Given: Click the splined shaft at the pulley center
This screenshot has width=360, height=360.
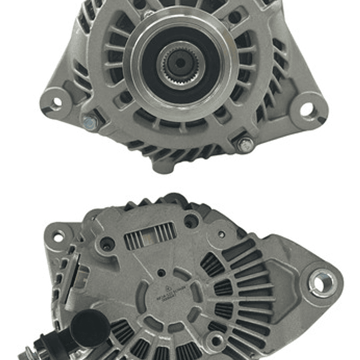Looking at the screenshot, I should coord(179,63).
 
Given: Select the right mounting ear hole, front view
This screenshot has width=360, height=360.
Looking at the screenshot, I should coord(307,109).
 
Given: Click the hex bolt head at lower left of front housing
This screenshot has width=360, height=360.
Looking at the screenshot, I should coord(90,122).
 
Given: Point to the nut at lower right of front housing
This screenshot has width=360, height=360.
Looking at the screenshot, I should coord(245,146).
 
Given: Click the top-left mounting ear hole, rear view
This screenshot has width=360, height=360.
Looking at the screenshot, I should coord(59,236).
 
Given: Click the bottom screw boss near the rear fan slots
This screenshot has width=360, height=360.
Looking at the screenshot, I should coord(216,342).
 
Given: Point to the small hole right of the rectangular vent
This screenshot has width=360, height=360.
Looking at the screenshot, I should coord(221,234).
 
